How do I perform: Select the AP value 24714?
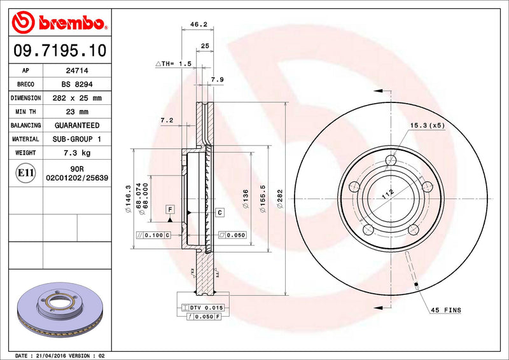(77, 71)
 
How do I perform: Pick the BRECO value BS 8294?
(77, 85)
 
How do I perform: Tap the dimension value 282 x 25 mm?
(77, 98)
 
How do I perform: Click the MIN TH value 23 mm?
(77, 112)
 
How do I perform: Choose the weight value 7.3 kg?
(77, 153)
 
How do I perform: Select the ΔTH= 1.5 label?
(174, 64)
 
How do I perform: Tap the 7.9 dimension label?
(217, 80)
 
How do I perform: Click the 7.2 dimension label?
(167, 120)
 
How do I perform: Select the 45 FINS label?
(446, 310)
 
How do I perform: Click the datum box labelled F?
(170, 209)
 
